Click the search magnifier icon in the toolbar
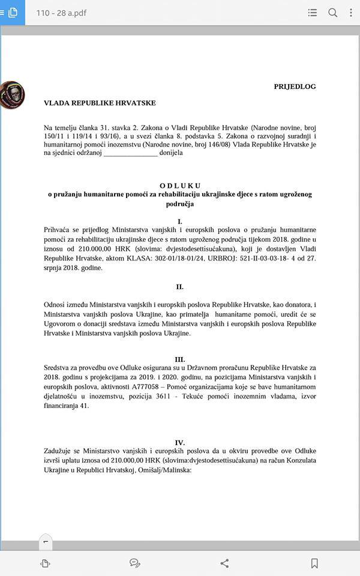[332, 13]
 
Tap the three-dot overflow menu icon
[351, 13]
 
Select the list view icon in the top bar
[312, 13]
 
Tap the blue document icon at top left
[13, 13]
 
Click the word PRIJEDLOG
[295, 86]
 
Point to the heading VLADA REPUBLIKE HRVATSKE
[100, 103]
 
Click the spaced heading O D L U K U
[180, 185]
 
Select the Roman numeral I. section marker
[180, 221]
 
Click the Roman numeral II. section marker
[180, 287]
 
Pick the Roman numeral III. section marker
[180, 359]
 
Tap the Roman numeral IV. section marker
[180, 442]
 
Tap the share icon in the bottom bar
[224, 563]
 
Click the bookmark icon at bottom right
[314, 563]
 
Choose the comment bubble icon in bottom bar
[135, 563]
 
